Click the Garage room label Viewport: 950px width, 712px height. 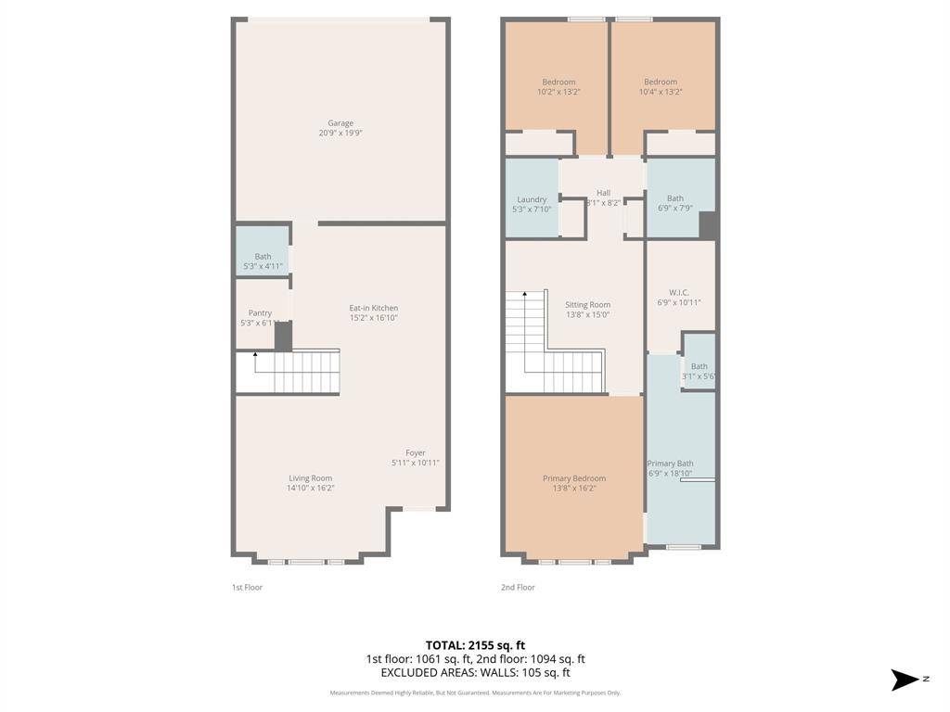[340, 123]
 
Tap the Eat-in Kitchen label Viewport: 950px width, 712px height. [373, 308]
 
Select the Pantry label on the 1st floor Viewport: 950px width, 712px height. [260, 313]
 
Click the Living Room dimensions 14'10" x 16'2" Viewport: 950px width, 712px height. [310, 488]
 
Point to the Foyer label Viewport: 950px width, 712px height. [415, 453]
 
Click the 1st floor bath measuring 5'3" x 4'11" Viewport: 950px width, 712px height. [263, 261]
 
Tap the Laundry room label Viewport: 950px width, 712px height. [532, 199]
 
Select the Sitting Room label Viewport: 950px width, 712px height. [588, 305]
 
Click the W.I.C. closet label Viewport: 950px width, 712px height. [679, 292]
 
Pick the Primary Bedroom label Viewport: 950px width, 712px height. [574, 478]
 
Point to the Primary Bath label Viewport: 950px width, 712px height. [670, 464]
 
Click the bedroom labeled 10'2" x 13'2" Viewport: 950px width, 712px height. [558, 86]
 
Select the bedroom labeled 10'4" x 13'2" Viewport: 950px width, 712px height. [661, 86]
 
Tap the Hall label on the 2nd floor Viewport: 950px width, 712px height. [603, 193]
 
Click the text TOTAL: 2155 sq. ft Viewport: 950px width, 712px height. [475, 645]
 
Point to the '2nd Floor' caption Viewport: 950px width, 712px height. [518, 587]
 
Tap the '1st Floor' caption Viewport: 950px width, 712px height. [247, 587]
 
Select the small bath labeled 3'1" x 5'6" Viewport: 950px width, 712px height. [699, 371]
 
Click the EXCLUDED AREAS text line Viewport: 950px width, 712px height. [475, 673]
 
